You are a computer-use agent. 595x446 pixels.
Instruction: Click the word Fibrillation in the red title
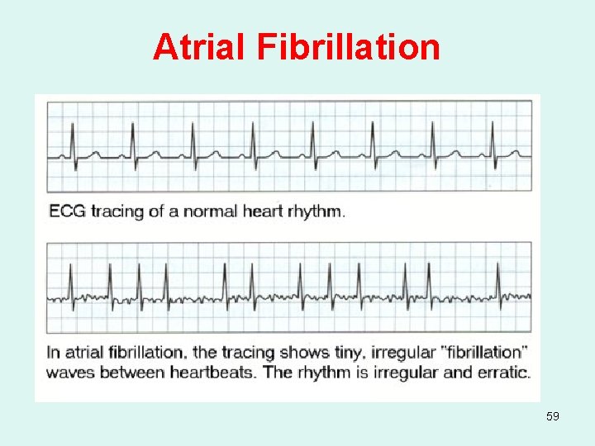pyautogui.click(x=349, y=47)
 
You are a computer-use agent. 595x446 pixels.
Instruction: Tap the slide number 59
pyautogui.click(x=553, y=416)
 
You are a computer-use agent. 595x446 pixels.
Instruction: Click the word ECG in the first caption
pyautogui.click(x=67, y=211)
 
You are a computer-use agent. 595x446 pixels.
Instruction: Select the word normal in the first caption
pyautogui.click(x=208, y=211)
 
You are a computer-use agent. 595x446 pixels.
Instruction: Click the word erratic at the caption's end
pyautogui.click(x=501, y=372)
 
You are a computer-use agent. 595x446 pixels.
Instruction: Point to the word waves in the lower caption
pyautogui.click(x=74, y=372)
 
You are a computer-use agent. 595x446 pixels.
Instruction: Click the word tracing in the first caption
pyautogui.click(x=118, y=211)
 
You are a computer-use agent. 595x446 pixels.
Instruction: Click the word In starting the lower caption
pyautogui.click(x=54, y=353)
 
